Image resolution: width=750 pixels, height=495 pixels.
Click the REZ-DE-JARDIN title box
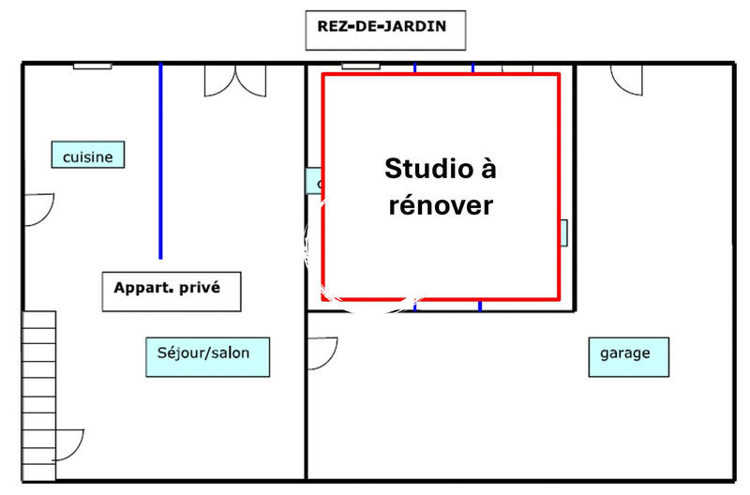[385, 30]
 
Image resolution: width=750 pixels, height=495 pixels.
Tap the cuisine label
[87, 156]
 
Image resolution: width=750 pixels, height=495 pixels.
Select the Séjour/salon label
[208, 355]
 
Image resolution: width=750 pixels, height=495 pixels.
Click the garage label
[628, 354]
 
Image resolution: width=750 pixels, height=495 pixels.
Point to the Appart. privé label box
[172, 291]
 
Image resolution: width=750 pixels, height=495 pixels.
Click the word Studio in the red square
[425, 170]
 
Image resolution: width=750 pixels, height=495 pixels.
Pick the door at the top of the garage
[626, 80]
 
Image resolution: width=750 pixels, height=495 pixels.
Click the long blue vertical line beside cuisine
[160, 159]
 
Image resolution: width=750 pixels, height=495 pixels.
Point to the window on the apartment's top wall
[93, 66]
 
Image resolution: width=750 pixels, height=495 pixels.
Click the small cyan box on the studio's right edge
[564, 232]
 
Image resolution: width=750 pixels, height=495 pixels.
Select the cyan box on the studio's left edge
[313, 181]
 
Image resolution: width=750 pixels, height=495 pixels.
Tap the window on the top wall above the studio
[361, 66]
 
